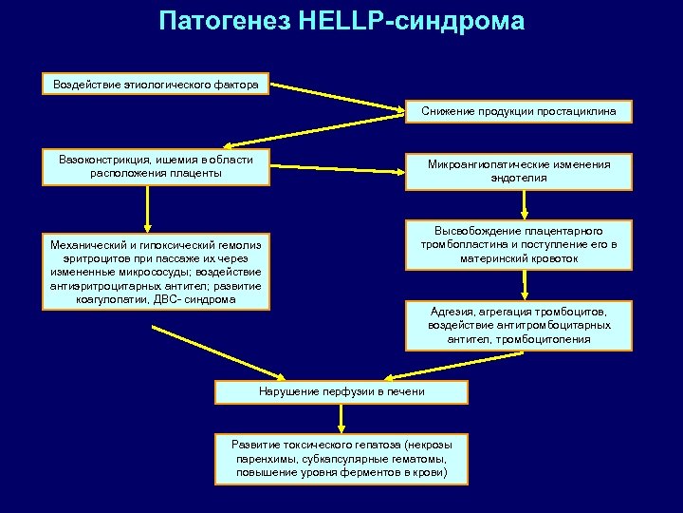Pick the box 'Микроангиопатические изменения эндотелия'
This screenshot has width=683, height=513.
tap(519, 171)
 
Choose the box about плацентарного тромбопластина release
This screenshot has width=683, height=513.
tap(519, 244)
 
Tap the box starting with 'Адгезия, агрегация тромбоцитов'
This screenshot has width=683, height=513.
tap(519, 325)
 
